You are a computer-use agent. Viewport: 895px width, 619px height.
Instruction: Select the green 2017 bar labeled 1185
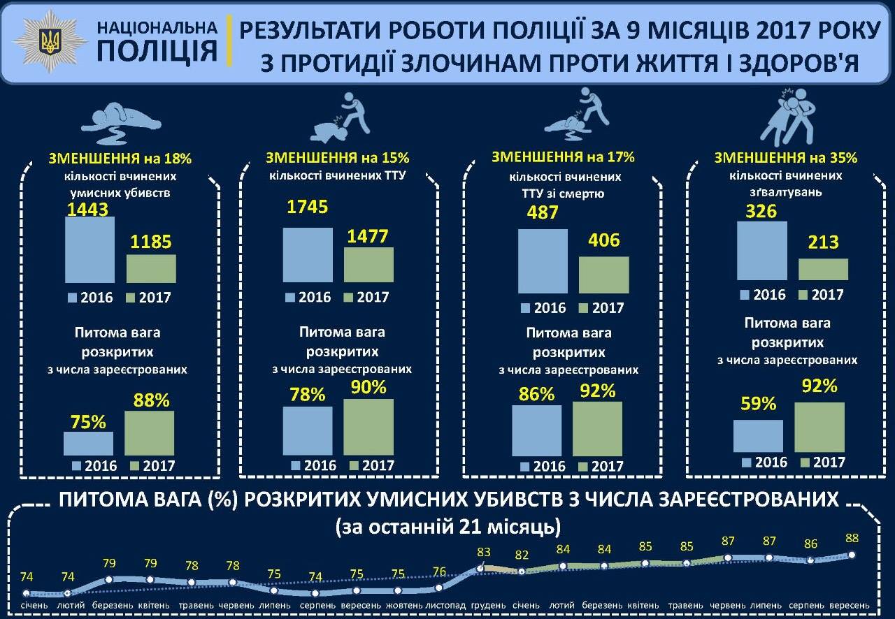tap(151, 268)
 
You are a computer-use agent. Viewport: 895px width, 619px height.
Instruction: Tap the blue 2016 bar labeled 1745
tap(308, 255)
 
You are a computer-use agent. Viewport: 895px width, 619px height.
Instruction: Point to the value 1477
tap(367, 236)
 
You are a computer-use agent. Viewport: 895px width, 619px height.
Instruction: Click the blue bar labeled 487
tap(543, 261)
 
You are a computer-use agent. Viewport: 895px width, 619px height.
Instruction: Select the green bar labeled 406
tap(603, 274)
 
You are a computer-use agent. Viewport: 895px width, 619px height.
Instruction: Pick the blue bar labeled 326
tap(762, 251)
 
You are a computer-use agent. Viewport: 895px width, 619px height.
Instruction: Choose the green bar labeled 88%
tap(150, 433)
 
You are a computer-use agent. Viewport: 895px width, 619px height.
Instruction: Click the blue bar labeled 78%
tap(308, 430)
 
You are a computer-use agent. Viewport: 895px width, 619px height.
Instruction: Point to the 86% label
tap(536, 394)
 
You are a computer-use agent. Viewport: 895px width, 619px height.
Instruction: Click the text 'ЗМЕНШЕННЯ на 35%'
tap(786, 158)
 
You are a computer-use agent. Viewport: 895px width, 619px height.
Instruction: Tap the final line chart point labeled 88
tap(852, 555)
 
